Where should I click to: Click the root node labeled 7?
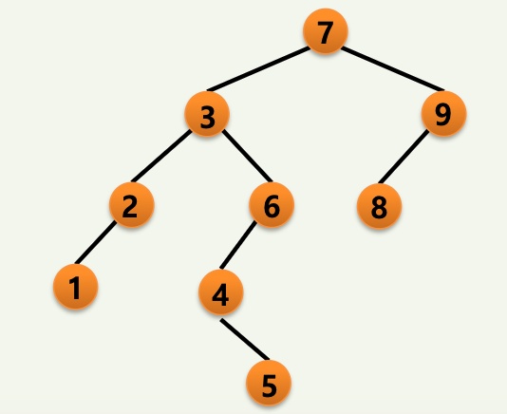tap(326, 31)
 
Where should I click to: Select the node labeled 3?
tap(207, 114)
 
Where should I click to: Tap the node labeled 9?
tap(443, 114)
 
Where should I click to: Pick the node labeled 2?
tap(132, 205)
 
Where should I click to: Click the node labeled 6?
tap(272, 205)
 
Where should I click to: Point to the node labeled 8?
tap(379, 206)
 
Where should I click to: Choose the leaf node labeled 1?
tap(75, 287)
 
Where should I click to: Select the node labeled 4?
tap(221, 292)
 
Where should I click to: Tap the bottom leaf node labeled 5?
tap(269, 383)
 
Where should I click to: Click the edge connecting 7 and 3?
tap(258, 69)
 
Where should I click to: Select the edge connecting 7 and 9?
tap(393, 69)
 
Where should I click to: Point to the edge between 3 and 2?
tap(161, 156)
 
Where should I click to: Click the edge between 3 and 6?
tap(248, 156)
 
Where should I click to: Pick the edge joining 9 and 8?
tap(404, 157)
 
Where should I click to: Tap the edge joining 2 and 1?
tap(95, 242)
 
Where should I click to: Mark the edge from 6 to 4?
tap(237, 245)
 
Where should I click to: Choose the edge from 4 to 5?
tap(245, 339)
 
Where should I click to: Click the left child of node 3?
tap(132, 205)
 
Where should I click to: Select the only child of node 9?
tap(379, 206)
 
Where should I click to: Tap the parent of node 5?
tap(221, 292)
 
